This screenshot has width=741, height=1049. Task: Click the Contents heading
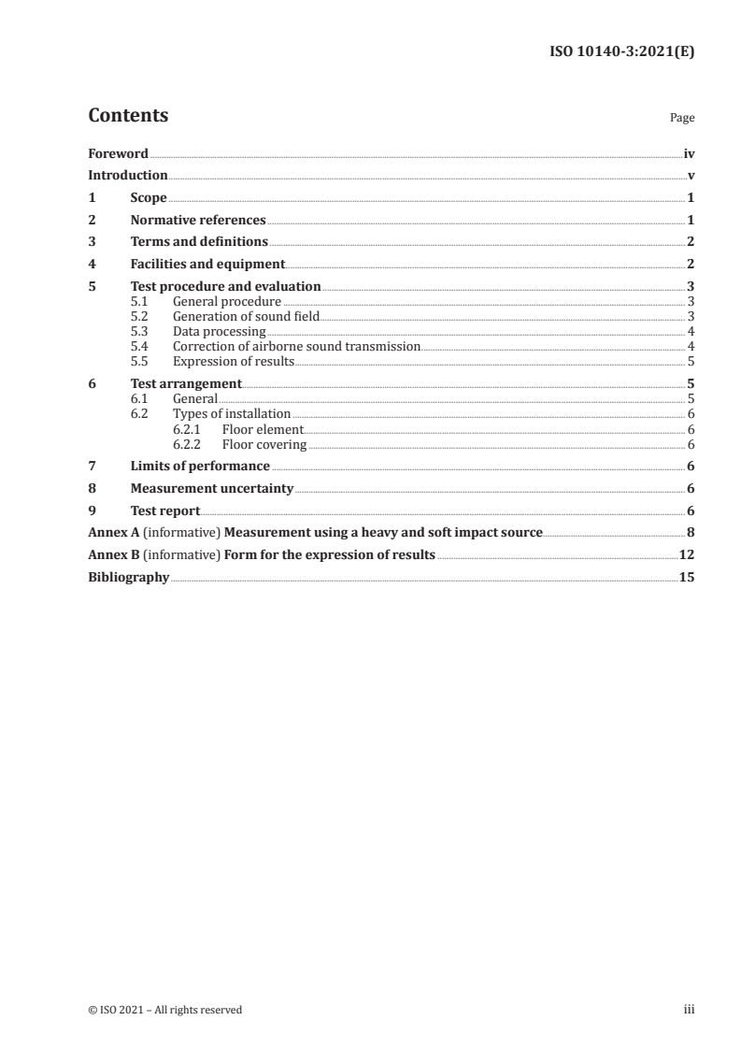[x=128, y=116]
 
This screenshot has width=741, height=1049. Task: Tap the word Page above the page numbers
[x=682, y=119]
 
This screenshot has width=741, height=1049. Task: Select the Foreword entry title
[x=118, y=153]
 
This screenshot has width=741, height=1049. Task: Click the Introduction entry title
[x=128, y=175]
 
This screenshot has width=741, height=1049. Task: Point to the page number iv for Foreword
[x=689, y=153]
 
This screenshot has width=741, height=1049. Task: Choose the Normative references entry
[x=198, y=221]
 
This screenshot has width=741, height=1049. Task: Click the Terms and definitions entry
[x=199, y=242]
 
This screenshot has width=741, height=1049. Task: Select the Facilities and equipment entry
[x=207, y=265]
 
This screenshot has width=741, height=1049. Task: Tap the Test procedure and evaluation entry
[x=225, y=286]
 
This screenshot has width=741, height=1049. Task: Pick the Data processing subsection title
[x=213, y=331]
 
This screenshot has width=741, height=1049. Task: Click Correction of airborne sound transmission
[x=296, y=346]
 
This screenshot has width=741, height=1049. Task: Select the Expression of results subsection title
[x=234, y=361]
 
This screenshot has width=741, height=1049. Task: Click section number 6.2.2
[x=189, y=444]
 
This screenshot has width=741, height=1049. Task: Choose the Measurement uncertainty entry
[x=212, y=488]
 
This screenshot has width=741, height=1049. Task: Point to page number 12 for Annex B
[x=687, y=554]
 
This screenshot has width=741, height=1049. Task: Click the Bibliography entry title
[x=129, y=577]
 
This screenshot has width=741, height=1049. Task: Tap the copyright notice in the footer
[x=164, y=1010]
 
